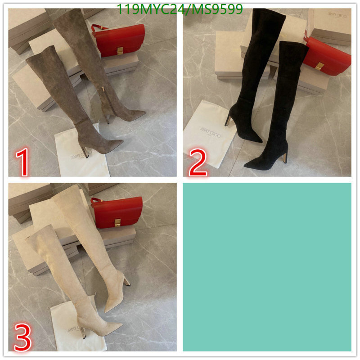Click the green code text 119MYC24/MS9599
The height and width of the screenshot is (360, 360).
180,9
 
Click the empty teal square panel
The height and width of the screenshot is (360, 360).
267,266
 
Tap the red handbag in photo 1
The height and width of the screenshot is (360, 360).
119,40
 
